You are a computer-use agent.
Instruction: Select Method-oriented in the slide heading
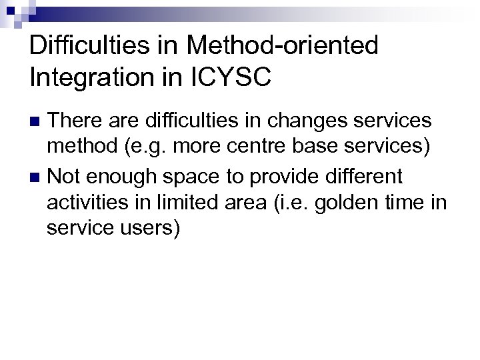(x=283, y=46)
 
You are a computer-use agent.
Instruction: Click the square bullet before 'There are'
(x=37, y=122)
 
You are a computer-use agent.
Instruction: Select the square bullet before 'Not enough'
(x=37, y=178)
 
